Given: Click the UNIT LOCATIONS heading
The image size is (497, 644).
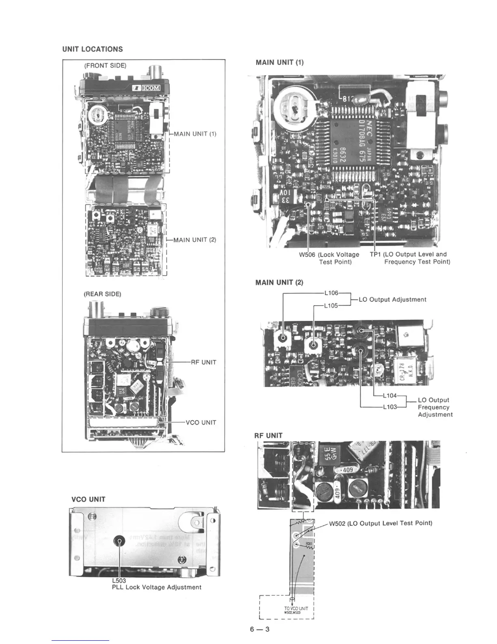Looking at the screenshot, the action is pyautogui.click(x=93, y=49).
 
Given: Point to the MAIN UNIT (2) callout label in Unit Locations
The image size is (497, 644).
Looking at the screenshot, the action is pyautogui.click(x=194, y=240).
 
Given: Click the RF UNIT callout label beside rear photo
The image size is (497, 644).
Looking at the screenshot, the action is pyautogui.click(x=203, y=362).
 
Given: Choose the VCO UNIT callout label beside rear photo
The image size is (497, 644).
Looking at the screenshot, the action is pyautogui.click(x=201, y=422).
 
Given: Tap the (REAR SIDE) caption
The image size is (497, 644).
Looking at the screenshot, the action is pyautogui.click(x=102, y=294).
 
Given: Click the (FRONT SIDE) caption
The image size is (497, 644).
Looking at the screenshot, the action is pyautogui.click(x=105, y=65).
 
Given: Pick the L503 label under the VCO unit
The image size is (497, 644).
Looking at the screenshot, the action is pyautogui.click(x=119, y=581).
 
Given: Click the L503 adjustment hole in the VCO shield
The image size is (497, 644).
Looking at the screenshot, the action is pyautogui.click(x=120, y=541).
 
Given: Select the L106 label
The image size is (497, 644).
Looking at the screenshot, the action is pyautogui.click(x=331, y=293).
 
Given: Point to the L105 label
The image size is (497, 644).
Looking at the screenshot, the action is pyautogui.click(x=331, y=305).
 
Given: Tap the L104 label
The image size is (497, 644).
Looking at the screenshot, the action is pyautogui.click(x=390, y=395).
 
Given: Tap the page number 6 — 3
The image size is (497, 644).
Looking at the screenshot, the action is pyautogui.click(x=260, y=630).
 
